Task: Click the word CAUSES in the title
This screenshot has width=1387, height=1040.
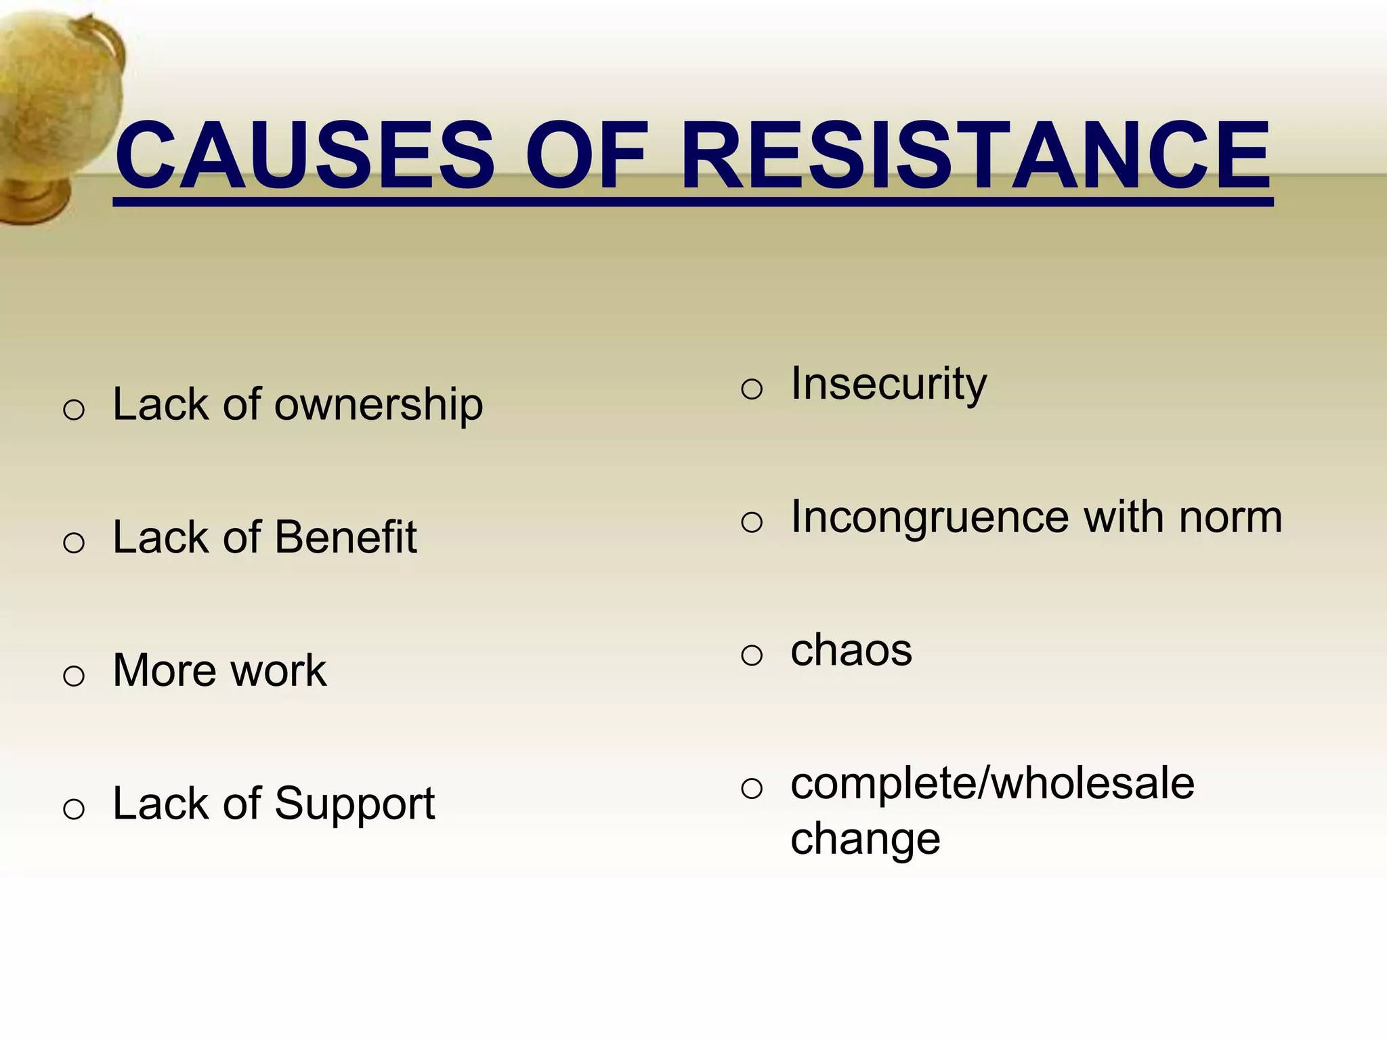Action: [x=305, y=156]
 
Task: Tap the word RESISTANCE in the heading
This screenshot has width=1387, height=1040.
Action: [x=975, y=156]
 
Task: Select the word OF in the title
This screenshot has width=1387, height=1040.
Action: [x=586, y=156]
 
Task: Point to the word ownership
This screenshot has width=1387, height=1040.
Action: [x=379, y=406]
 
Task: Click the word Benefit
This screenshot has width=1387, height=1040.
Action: [x=345, y=538]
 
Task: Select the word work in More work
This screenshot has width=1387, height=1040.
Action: [x=278, y=671]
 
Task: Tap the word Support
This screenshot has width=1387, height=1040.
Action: [x=354, y=804]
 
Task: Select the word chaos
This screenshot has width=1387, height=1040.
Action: [x=851, y=651]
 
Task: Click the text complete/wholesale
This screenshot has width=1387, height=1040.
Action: [x=992, y=784]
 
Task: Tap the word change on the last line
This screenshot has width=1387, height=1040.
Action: [x=865, y=840]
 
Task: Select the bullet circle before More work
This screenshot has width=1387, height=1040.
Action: [x=73, y=676]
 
